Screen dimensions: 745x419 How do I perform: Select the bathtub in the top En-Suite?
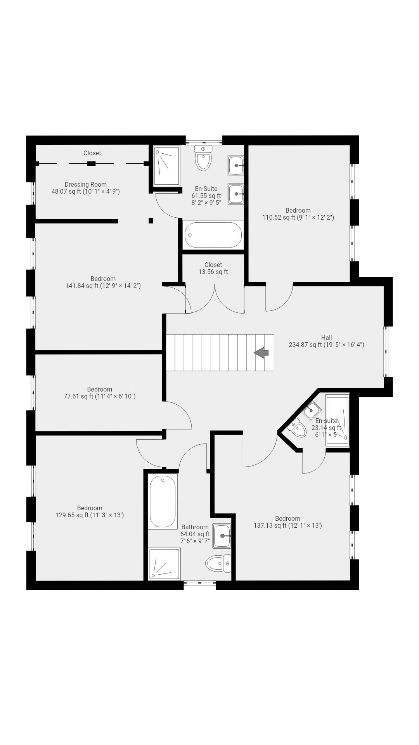[213, 235]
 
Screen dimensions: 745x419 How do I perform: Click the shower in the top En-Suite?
[167, 165]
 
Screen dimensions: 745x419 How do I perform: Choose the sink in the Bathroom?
[222, 536]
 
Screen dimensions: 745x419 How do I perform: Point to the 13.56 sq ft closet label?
[213, 268]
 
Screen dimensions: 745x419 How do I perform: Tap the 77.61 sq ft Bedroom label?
[100, 393]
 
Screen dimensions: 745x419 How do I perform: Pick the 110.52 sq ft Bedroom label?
[298, 214]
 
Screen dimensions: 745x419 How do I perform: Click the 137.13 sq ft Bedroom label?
[287, 522]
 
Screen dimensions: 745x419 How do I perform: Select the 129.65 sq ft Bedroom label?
[90, 511]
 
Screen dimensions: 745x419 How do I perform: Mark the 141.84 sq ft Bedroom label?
[103, 282]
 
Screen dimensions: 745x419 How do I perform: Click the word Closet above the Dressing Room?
[92, 153]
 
